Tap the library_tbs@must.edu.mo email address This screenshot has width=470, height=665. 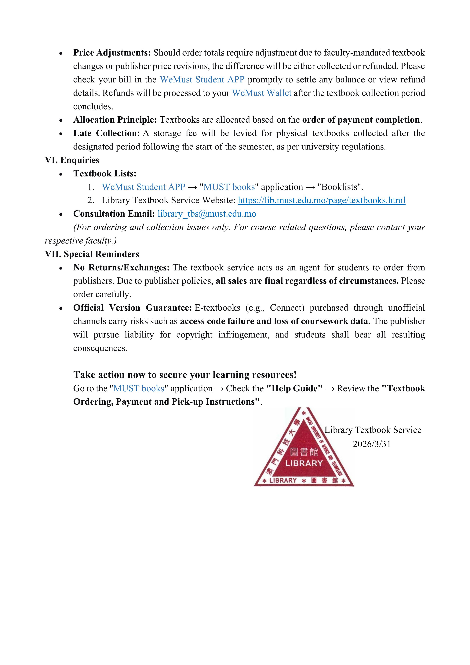point(207,214)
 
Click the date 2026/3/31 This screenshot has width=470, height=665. point(371,444)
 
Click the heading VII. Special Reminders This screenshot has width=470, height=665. point(92,254)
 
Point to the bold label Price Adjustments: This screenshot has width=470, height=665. point(112,53)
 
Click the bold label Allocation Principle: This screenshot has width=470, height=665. point(115,120)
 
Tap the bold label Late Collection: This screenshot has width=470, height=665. point(106,133)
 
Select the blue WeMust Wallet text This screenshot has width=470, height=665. point(262,93)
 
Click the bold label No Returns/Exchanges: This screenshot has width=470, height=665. point(121,267)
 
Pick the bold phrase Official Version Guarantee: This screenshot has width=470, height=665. point(132,308)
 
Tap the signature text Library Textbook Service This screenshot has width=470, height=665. point(373,430)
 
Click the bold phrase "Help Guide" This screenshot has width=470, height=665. point(294,388)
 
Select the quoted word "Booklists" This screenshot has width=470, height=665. point(340,187)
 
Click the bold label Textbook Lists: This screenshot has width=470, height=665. point(105,173)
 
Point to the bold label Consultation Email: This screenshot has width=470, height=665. point(114,214)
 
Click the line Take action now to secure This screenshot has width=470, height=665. point(185,375)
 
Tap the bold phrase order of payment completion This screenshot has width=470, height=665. point(361,120)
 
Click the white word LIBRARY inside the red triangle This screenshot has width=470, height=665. point(304,463)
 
